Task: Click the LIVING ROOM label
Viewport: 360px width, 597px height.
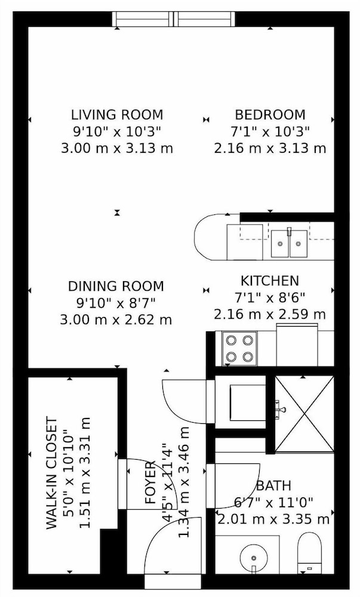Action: click(x=117, y=115)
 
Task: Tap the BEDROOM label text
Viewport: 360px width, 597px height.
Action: click(x=270, y=115)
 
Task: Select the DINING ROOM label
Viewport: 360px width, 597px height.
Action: click(x=116, y=286)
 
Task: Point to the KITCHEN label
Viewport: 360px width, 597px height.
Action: click(x=270, y=281)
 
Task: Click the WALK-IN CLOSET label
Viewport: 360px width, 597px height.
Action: click(x=52, y=473)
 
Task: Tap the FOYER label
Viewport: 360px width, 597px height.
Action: click(x=150, y=483)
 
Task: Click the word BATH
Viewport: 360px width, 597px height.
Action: click(x=273, y=486)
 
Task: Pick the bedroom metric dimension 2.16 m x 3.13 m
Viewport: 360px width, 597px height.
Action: click(x=270, y=148)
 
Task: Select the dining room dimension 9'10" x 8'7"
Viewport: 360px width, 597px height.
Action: click(x=116, y=303)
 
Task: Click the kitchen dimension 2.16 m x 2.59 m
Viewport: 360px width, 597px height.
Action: click(x=270, y=315)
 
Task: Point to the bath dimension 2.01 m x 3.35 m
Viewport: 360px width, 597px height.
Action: click(x=273, y=519)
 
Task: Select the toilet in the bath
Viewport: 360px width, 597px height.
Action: click(x=309, y=553)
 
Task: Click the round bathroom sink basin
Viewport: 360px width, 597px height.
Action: click(x=254, y=558)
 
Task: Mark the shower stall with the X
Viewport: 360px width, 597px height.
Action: click(x=304, y=414)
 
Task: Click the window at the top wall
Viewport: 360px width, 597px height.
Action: click(x=174, y=19)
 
